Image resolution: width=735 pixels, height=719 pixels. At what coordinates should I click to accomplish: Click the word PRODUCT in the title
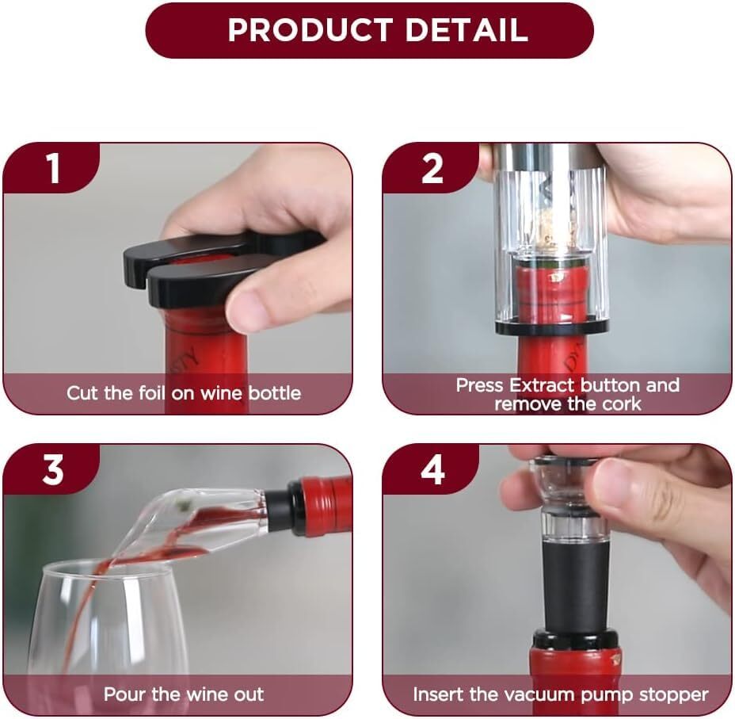tap(310, 30)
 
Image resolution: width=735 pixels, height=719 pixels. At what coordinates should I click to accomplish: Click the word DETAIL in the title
tap(467, 30)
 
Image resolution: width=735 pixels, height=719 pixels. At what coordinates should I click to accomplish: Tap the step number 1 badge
tap(51, 168)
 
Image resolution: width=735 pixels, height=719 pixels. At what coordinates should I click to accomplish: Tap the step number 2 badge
tap(431, 168)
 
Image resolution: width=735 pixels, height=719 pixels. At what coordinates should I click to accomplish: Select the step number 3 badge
tap(51, 469)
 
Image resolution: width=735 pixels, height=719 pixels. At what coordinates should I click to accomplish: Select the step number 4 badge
tap(431, 469)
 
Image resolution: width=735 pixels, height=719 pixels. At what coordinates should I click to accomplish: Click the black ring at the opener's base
tap(552, 327)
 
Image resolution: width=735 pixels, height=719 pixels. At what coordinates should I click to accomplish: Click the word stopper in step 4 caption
tap(672, 695)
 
